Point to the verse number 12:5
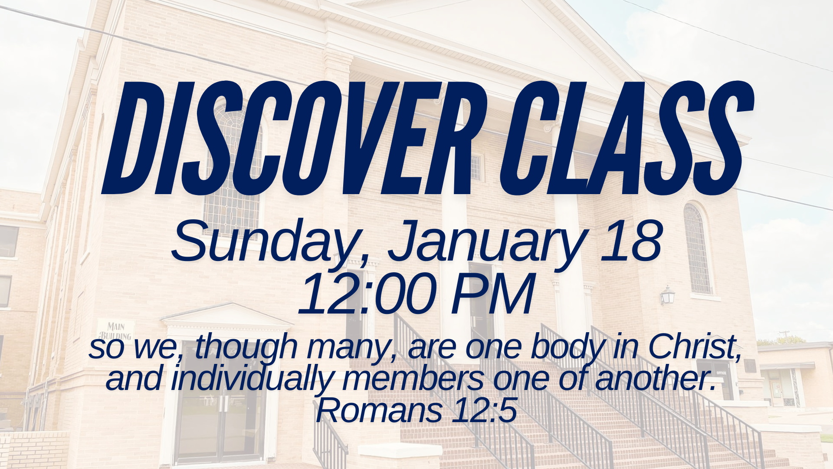tap(484, 410)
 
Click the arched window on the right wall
tap(698, 250)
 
